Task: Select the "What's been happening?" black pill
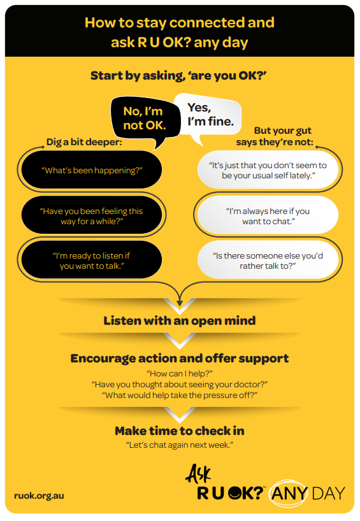tap(92, 170)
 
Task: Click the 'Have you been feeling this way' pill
tap(92, 216)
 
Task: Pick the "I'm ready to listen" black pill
tap(92, 260)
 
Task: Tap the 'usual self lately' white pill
tap(268, 170)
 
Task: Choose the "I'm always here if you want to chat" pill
tap(268, 216)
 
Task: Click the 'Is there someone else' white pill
tap(268, 260)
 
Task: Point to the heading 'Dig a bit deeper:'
tap(84, 142)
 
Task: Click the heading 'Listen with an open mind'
tap(180, 320)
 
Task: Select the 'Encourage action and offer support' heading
tap(180, 358)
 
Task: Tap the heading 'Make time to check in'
tap(180, 431)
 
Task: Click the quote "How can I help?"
tap(180, 373)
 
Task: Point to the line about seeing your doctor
tap(180, 385)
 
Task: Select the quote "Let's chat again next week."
tap(180, 445)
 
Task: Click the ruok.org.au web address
tap(40, 496)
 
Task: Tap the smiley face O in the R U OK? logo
tap(235, 493)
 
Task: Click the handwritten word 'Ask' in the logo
tap(198, 473)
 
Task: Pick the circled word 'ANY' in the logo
tap(288, 494)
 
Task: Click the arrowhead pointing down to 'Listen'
tap(180, 303)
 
